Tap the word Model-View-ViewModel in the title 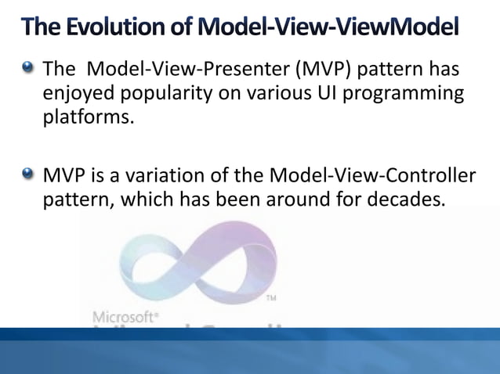tap(325, 29)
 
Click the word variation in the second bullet tap(176, 174)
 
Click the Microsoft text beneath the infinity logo tap(126, 317)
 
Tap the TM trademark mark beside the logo tap(272, 299)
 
